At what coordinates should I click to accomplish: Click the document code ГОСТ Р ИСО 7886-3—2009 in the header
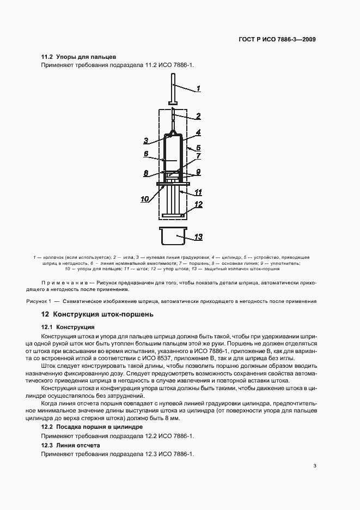pos(278,39)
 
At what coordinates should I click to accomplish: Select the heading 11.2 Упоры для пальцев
pos(79,57)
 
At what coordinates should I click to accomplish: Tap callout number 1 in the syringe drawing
pos(198,88)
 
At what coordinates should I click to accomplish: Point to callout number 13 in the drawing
pos(198,236)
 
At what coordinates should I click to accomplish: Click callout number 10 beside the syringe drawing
pos(145,199)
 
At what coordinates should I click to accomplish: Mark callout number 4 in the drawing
pos(198,132)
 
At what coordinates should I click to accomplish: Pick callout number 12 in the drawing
pos(198,204)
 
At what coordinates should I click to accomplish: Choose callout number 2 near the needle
pos(198,116)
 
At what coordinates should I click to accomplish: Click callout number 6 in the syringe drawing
pos(146,154)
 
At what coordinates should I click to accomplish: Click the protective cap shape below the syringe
pos(173,236)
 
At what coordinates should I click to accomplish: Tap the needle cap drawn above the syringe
pos(173,93)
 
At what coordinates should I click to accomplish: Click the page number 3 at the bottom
pos(315,465)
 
